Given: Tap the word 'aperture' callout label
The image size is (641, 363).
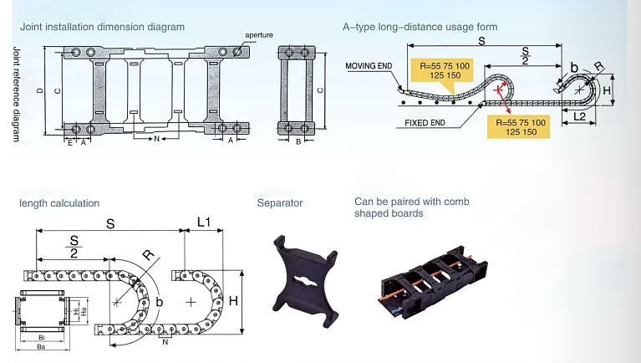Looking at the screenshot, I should point(259,35).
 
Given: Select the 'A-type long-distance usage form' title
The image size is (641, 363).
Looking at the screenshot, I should point(420,27).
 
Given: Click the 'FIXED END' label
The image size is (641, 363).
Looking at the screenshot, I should point(425,122).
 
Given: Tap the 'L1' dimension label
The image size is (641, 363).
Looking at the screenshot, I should point(204,222).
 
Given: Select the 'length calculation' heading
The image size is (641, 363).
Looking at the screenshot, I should point(59,203).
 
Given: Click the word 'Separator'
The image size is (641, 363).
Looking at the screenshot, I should point(280,203).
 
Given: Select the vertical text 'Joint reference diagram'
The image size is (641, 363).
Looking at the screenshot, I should point(17,93).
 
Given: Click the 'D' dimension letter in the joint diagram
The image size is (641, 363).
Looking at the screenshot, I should point(39,91).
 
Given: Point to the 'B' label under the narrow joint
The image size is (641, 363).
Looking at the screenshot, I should point(298,142).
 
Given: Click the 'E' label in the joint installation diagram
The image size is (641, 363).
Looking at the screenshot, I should point(69,142).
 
